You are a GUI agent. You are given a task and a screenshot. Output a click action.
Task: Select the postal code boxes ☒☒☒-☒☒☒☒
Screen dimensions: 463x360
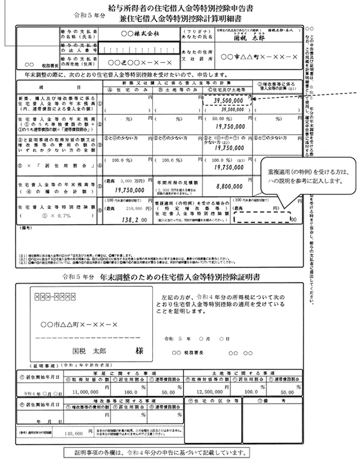coord(59,296)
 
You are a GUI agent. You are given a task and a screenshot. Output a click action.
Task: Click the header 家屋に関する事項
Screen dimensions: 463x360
coord(112,371)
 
